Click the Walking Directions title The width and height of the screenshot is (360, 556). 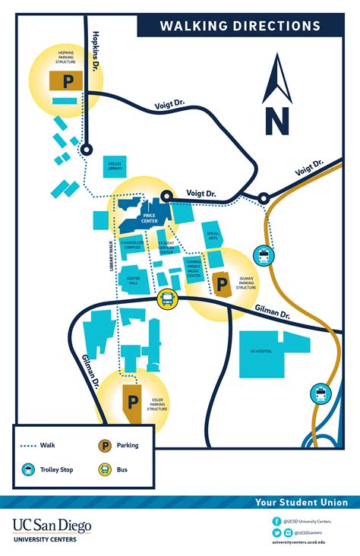239,27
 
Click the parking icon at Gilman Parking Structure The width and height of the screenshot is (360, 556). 223,286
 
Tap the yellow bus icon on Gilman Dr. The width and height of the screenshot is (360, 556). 166,300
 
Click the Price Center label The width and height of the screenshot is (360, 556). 149,217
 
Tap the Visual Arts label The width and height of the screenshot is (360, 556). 213,236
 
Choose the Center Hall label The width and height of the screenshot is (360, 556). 133,280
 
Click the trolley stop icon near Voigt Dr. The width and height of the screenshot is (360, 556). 264,256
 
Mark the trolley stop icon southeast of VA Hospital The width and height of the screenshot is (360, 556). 321,393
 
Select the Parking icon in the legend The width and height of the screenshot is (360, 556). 104,446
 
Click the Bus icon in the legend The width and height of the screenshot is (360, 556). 104,470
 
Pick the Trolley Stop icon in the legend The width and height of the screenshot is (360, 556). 28,470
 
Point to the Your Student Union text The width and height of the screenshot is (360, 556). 302,502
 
